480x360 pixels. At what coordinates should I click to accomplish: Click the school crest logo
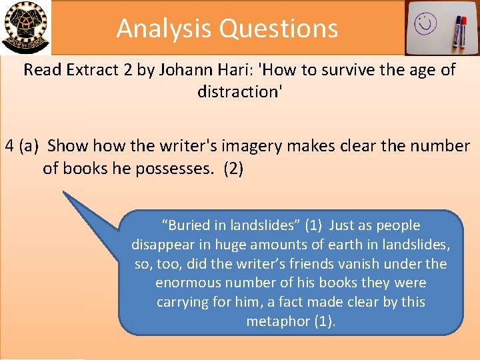coord(26,27)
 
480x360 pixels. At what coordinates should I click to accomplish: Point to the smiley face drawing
coord(424,25)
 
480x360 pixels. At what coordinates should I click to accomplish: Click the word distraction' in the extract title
coord(240,91)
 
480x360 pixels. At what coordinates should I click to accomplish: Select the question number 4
coord(9,145)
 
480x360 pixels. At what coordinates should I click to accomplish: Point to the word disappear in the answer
coord(162,245)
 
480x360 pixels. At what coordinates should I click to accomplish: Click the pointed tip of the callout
coord(64,193)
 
